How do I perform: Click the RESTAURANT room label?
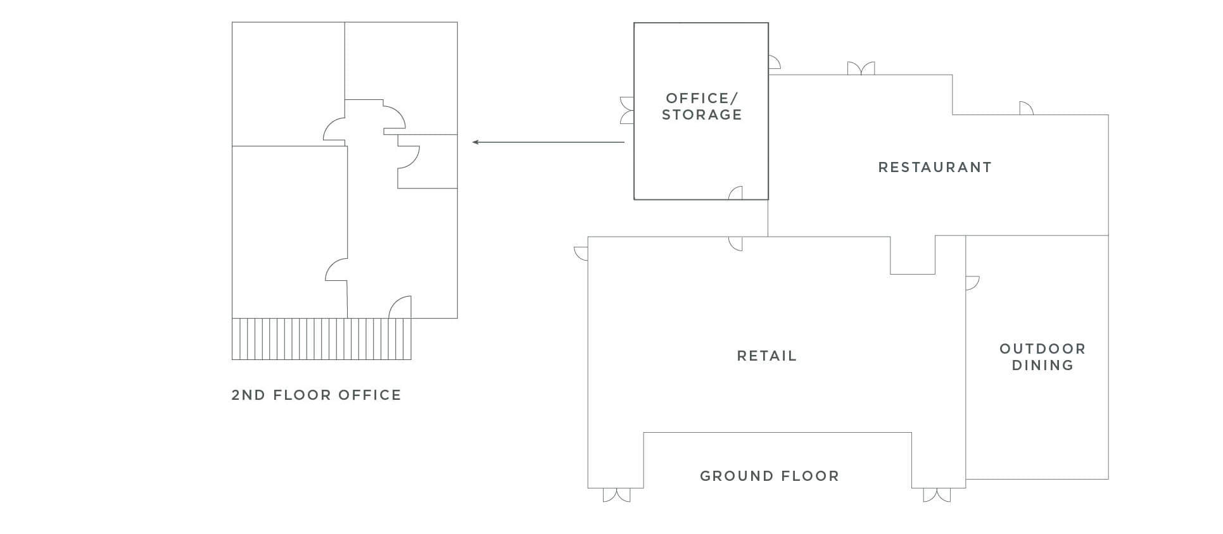[x=934, y=167]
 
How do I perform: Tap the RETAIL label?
[x=766, y=356]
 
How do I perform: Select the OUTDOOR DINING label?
[x=1042, y=357]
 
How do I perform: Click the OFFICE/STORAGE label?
[x=702, y=106]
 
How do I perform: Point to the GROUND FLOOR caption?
[x=769, y=476]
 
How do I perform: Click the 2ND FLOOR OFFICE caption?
[x=316, y=395]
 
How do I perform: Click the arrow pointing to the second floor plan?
[x=548, y=142]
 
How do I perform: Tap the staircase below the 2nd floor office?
[x=321, y=339]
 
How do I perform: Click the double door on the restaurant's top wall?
[x=861, y=68]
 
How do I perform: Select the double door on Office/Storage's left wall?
[x=627, y=110]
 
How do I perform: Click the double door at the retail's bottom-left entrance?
[x=616, y=495]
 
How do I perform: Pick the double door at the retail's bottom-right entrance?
[x=937, y=495]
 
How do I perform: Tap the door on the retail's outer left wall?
[x=581, y=253]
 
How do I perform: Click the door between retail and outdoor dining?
[x=972, y=283]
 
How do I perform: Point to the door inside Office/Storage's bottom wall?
[x=735, y=193]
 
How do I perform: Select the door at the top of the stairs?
[x=400, y=307]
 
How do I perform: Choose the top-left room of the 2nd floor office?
[x=288, y=84]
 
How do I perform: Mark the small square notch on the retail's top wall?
[x=912, y=255]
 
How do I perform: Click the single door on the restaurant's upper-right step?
[x=1026, y=108]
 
